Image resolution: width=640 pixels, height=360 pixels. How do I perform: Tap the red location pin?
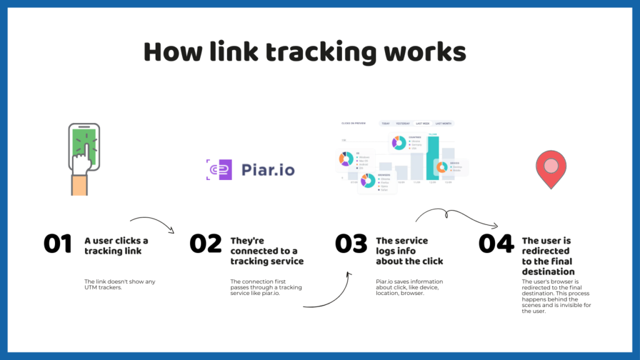point(551,167)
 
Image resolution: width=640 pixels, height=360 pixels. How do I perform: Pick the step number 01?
point(58,244)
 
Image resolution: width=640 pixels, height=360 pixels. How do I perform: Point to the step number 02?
point(206,244)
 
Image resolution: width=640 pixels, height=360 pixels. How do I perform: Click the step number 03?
point(351,244)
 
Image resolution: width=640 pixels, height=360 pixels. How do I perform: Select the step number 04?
point(496,244)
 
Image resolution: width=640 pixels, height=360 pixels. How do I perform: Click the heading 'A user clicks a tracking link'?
point(116,246)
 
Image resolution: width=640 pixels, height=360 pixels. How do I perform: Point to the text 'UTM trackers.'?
point(103,287)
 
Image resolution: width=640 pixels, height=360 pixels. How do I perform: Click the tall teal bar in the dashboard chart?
point(432,159)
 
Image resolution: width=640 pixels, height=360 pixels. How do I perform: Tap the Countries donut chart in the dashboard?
point(399,143)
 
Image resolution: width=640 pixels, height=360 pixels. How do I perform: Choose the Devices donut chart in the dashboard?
point(442,167)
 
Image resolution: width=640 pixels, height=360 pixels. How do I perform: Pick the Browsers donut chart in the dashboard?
point(368,181)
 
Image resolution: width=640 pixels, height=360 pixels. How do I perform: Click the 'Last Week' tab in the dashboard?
point(423,123)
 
